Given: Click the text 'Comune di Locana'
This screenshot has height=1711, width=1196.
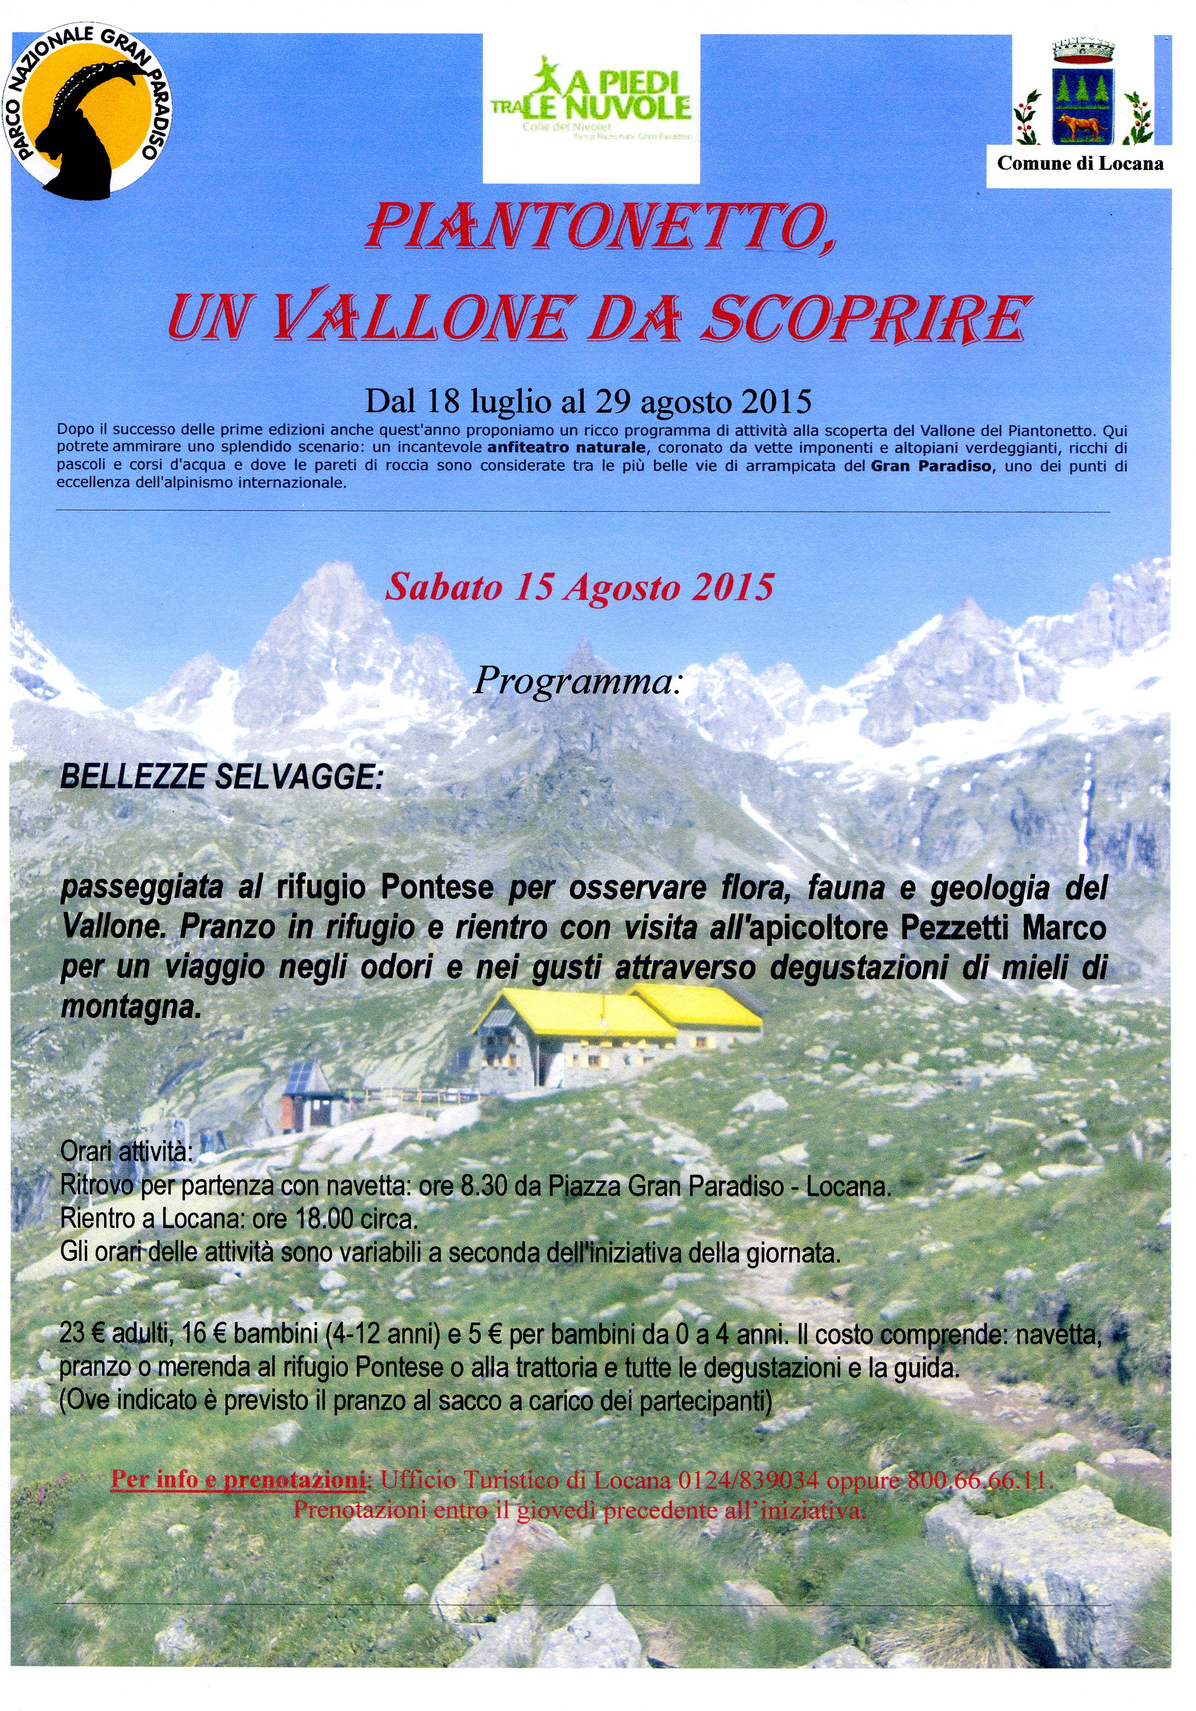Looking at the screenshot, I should [1080, 163].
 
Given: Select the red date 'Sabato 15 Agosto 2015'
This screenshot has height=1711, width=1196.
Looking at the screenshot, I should [579, 587].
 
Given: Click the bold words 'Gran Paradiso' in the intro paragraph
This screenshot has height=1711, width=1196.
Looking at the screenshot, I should [931, 466].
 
